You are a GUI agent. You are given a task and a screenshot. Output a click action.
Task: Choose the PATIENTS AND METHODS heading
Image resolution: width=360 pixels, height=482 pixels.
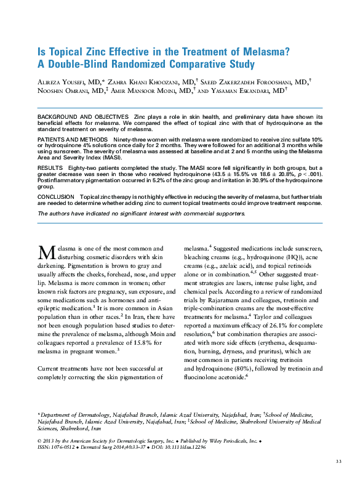(73, 140)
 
